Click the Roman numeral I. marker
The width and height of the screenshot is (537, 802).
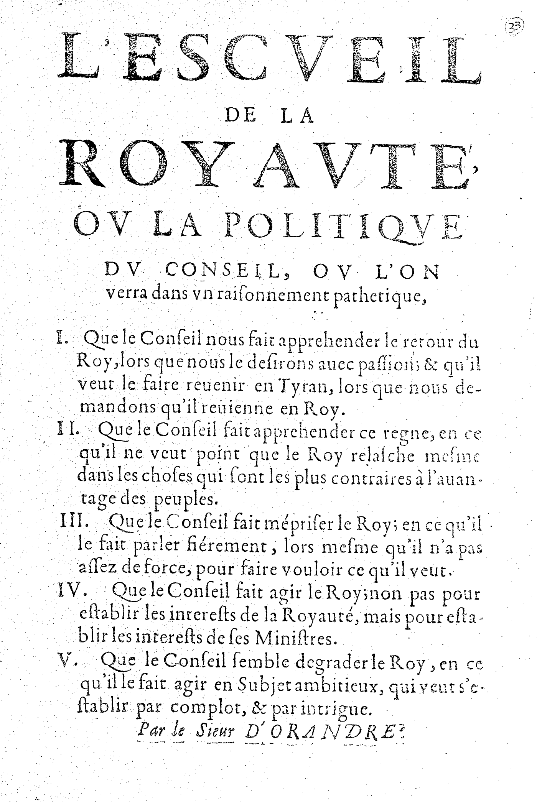click(61, 339)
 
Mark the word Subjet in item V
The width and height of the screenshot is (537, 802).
click(261, 685)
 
